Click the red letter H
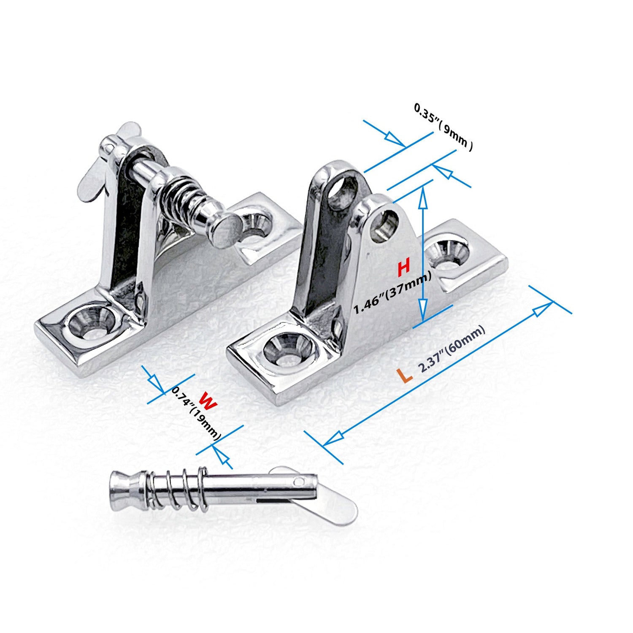click(404, 267)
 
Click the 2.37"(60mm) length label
click(452, 349)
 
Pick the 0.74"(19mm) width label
click(196, 414)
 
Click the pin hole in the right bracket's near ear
click(385, 225)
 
